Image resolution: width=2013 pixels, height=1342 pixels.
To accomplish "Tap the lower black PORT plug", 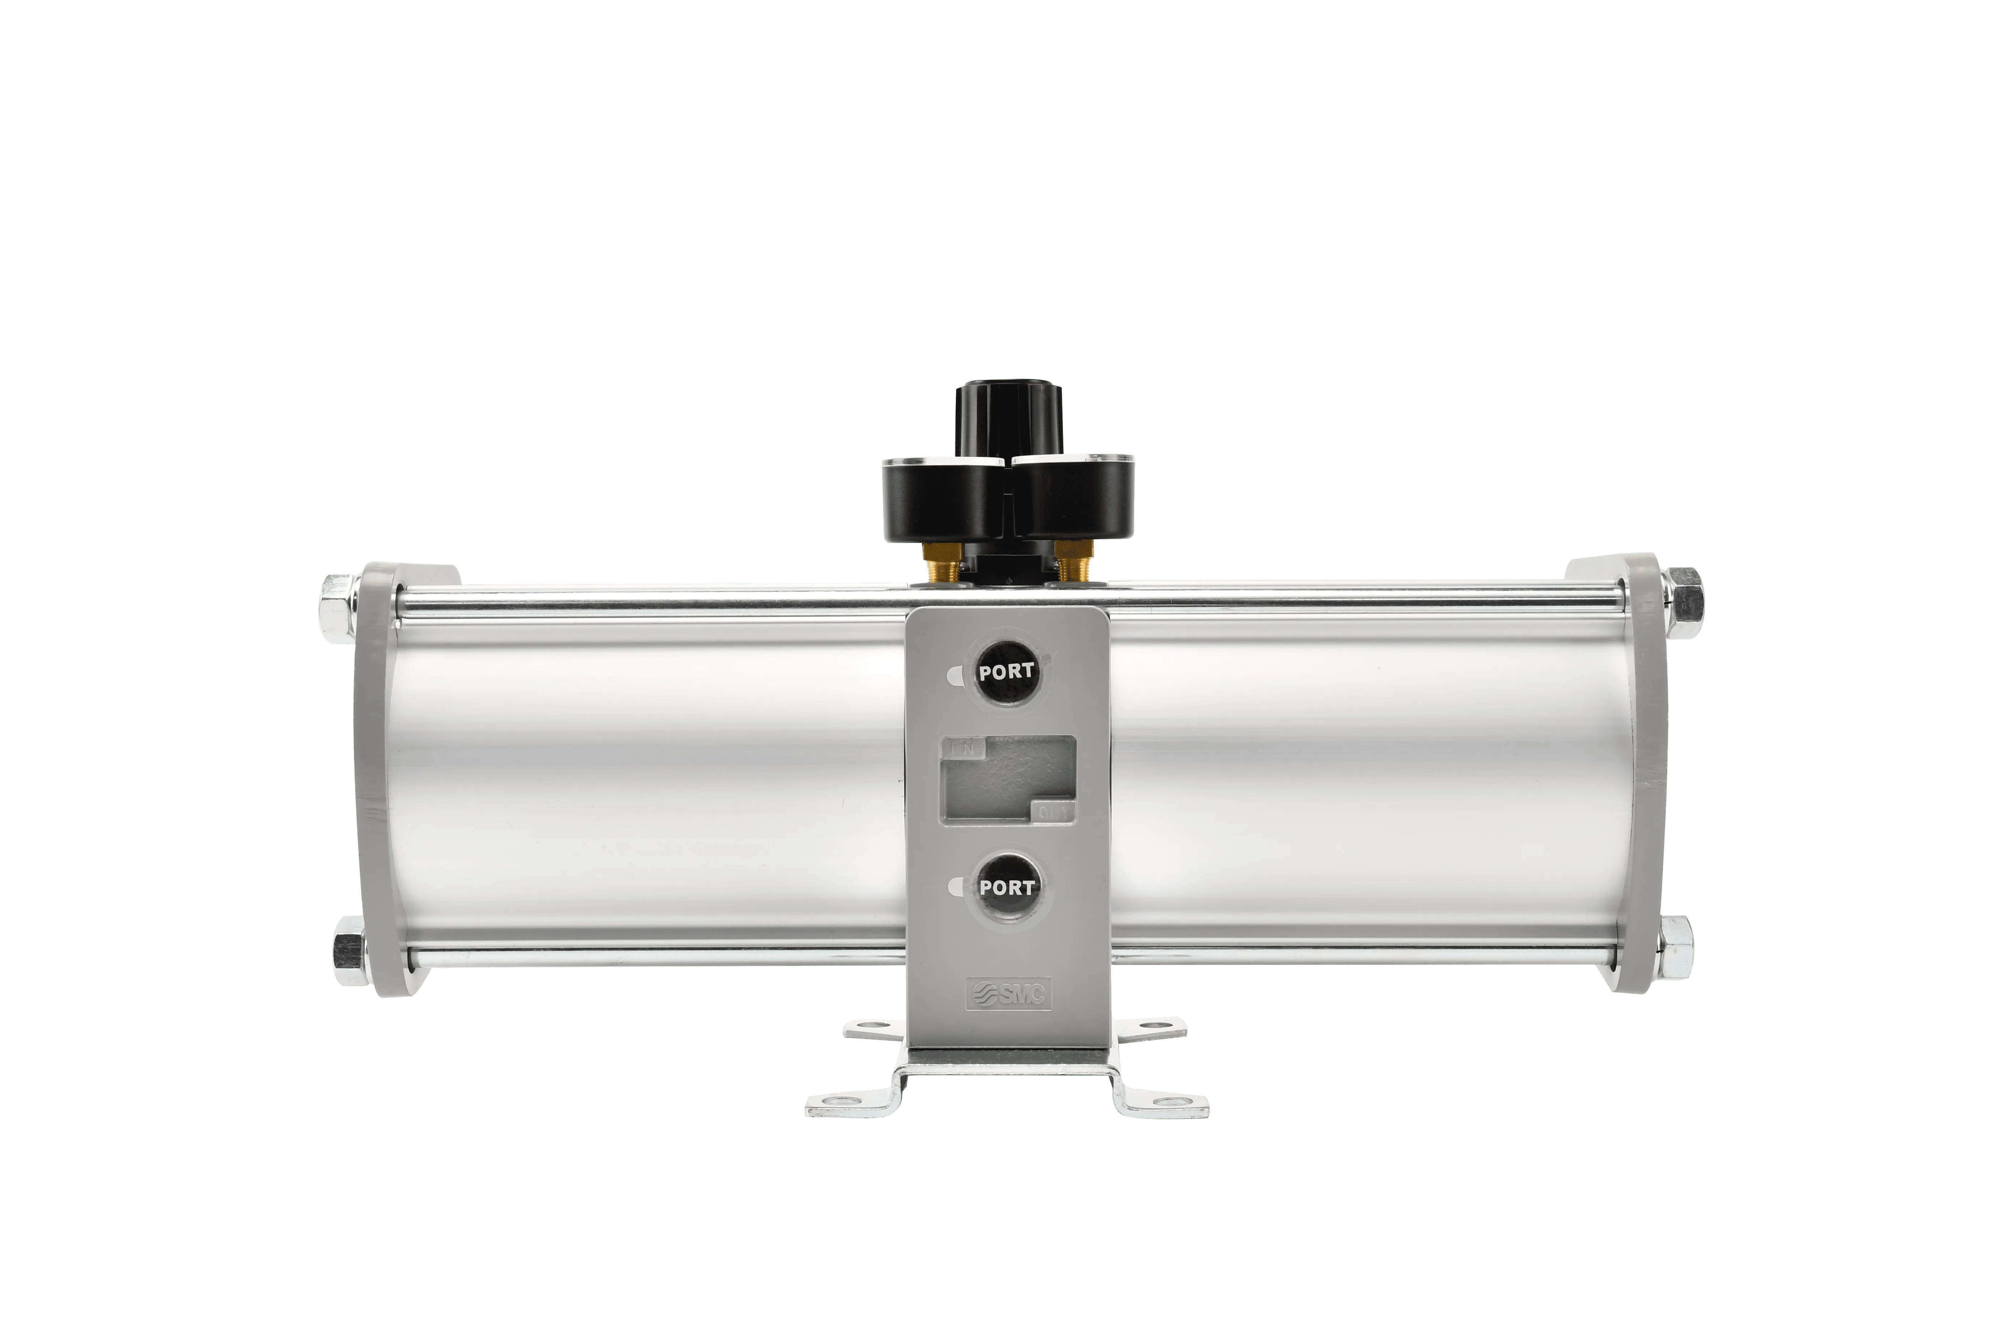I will coord(1006,888).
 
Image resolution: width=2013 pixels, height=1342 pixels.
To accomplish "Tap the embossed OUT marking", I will coord(1055,810).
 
